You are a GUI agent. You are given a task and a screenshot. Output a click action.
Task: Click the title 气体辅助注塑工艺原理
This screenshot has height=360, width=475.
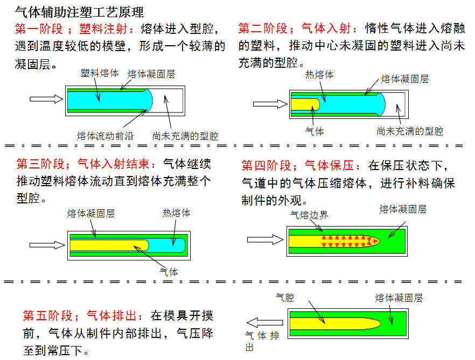[79, 11]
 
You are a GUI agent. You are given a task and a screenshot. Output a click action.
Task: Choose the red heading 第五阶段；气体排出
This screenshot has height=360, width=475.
[84, 315]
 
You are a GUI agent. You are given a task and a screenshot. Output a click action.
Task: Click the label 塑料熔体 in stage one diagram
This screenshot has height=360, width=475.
[100, 72]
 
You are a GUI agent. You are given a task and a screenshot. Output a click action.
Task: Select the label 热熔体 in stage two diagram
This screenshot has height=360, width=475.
[319, 75]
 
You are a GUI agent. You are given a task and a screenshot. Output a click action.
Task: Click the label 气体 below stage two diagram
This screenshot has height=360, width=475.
[315, 131]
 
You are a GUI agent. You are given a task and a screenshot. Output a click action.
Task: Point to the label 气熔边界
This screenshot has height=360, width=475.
[309, 215]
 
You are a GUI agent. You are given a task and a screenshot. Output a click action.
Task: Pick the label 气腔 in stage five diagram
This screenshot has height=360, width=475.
[284, 297]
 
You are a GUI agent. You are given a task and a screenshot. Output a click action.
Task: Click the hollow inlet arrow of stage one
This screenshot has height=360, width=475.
[46, 98]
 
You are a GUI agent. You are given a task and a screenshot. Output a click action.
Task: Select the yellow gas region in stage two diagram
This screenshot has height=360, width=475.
[305, 103]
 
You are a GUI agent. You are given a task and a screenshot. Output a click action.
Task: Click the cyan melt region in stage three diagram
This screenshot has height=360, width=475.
[166, 245]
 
